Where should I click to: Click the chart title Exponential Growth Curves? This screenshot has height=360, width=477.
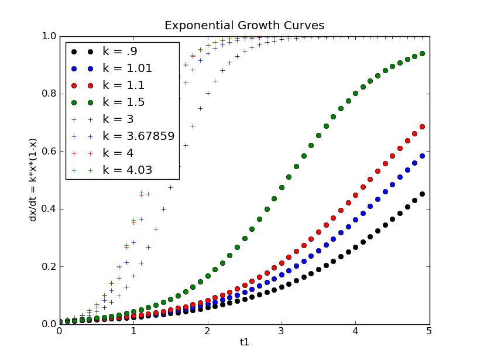click(x=244, y=26)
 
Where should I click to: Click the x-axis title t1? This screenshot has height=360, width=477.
click(x=245, y=342)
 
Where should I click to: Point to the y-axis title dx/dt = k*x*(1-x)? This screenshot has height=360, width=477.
click(x=33, y=180)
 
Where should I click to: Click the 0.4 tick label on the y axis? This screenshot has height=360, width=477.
click(x=47, y=209)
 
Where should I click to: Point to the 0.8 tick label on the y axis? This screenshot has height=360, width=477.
click(x=47, y=94)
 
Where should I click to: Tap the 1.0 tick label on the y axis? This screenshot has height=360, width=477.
click(x=47, y=36)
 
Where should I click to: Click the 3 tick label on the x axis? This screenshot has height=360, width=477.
click(x=282, y=331)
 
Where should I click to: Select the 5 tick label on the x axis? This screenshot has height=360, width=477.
click(x=430, y=331)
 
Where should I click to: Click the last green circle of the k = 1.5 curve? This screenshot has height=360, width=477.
click(x=422, y=53)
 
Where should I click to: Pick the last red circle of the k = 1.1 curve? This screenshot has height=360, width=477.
click(x=422, y=126)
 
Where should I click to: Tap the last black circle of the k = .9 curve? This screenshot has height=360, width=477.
click(x=422, y=194)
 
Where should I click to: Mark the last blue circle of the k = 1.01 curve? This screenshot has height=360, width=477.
click(x=422, y=156)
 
